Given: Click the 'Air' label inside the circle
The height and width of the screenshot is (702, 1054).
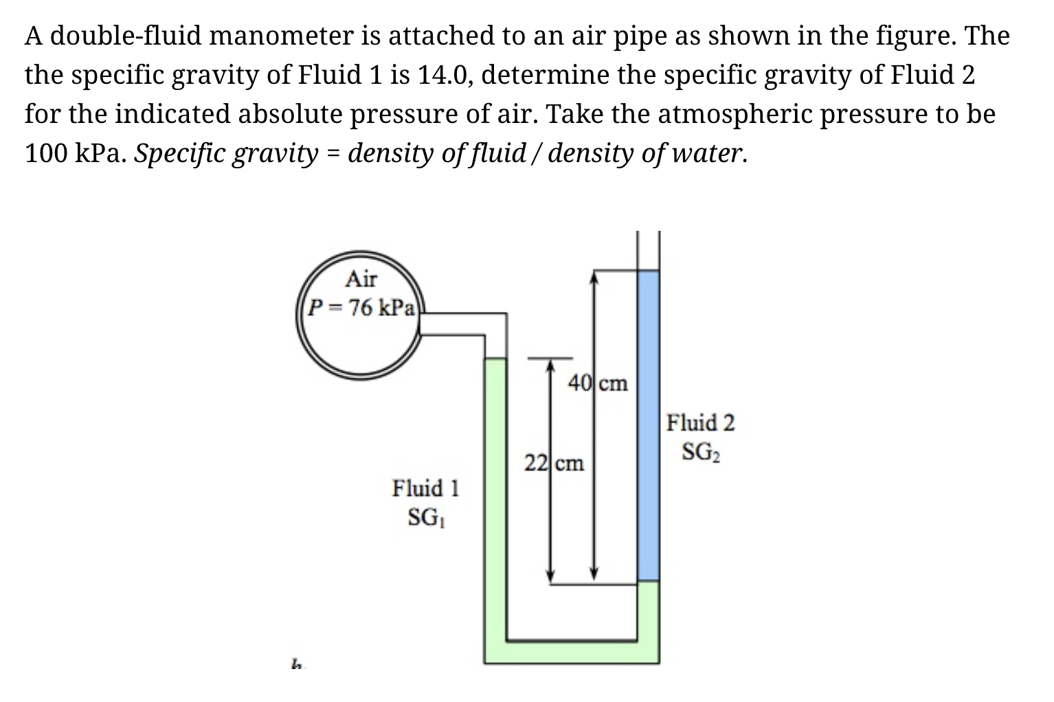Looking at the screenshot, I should click(361, 280).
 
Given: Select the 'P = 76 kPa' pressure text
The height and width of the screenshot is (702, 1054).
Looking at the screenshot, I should click(361, 307).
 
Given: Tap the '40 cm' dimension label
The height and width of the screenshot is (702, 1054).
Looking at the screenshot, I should click(598, 383).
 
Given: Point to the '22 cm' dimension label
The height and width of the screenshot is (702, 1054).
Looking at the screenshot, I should click(554, 464).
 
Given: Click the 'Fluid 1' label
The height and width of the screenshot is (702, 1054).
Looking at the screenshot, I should click(425, 488).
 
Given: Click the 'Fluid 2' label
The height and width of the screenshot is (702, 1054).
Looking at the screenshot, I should click(700, 422).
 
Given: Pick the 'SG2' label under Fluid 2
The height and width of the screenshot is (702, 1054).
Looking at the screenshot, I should click(701, 451).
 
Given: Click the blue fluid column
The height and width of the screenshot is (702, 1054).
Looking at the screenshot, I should click(648, 426).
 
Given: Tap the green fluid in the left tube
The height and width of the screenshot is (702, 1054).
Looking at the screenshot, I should click(495, 495).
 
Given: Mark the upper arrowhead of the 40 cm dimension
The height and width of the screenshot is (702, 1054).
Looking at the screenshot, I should click(595, 275).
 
